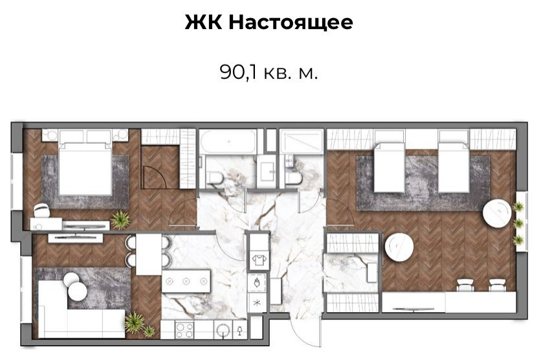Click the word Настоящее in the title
point(291,23)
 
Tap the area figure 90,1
point(237,72)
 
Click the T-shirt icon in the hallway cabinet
point(257,261)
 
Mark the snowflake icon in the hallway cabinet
point(257,304)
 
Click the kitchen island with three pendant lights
point(186,281)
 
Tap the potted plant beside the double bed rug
point(120,220)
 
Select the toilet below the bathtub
point(215,176)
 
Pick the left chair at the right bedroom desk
point(465,284)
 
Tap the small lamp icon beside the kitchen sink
point(240,330)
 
